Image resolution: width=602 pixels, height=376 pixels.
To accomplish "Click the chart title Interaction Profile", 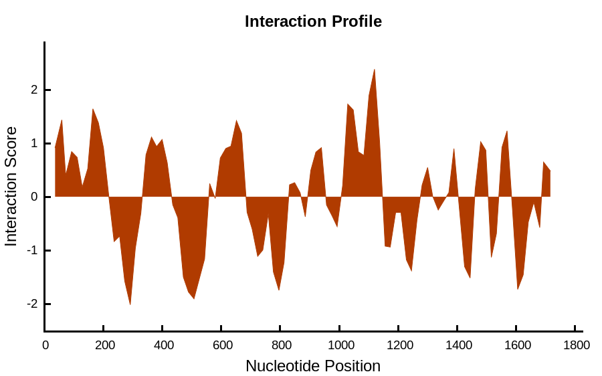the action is point(313,21).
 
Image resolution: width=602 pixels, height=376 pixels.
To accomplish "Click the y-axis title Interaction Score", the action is point(11,186).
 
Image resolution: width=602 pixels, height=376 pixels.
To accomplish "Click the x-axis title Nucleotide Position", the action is point(313,366).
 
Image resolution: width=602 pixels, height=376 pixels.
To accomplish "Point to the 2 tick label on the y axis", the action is point(35,90).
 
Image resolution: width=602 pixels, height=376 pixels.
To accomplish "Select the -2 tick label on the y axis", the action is point(33,304).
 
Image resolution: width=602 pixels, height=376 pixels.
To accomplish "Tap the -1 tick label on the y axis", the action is point(33,250).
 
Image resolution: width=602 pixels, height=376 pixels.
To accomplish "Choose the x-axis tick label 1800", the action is point(577,345).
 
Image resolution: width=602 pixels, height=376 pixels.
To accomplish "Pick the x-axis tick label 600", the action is point(223,345).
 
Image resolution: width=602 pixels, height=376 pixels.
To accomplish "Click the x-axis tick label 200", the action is point(105,345).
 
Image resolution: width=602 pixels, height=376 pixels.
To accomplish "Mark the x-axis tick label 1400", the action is point(459,345).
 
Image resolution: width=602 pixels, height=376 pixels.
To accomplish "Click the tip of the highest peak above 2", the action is point(375,70).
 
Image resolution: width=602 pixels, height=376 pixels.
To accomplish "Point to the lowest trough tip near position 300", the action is point(130,304).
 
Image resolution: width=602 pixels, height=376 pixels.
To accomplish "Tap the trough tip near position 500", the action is point(194,299).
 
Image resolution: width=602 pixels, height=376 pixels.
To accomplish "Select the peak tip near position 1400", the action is point(454,149).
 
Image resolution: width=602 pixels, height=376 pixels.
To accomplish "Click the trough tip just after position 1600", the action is point(518,289).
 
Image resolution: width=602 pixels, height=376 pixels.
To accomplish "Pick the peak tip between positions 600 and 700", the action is point(237,120).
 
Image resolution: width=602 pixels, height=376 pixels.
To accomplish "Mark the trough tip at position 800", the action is point(279,290).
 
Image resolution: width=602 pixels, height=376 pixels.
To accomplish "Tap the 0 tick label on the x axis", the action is point(45,345).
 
